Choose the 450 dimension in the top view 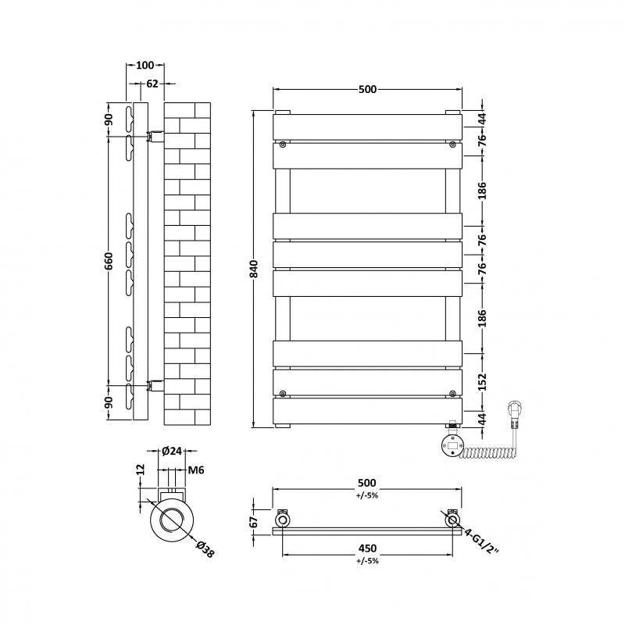(x=367, y=548)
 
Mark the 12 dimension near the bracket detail (x=141, y=470)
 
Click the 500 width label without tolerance (x=367, y=89)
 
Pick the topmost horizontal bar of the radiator (x=367, y=127)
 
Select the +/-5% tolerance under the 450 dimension (x=367, y=561)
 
